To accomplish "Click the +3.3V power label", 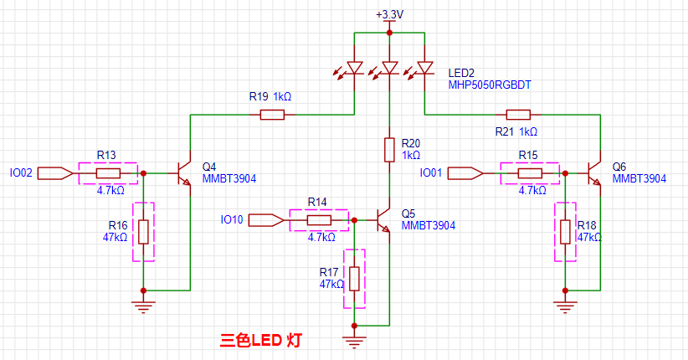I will (389, 15).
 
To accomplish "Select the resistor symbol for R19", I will (272, 115).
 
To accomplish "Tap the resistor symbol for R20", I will (389, 150).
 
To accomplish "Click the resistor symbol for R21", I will (518, 115).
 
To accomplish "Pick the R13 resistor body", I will (107, 173).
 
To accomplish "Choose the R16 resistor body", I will (143, 231).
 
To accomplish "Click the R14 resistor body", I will (318, 220).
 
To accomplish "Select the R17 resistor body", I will (355, 278).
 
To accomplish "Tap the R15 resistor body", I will (529, 173).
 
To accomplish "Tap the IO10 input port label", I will (232, 220).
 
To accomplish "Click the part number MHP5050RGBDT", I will (490, 85).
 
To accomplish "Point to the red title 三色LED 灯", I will (260, 341).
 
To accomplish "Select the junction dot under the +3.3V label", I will (389, 33).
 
